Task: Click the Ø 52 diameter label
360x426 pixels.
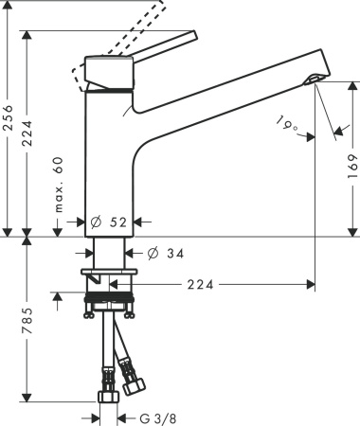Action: coord(108,222)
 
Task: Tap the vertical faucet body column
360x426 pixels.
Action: coord(107,161)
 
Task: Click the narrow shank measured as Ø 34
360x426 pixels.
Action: coord(109,253)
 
